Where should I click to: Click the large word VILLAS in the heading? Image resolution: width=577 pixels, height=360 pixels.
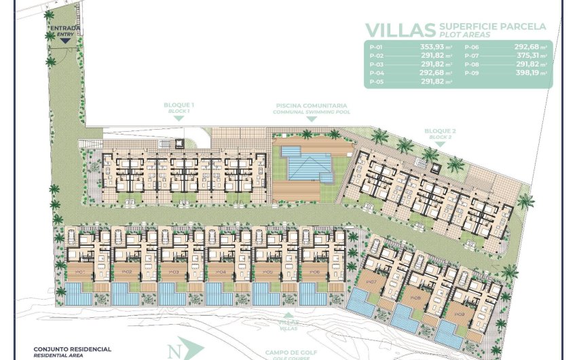click(x=400, y=30)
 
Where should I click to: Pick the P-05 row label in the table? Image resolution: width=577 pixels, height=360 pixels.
click(x=376, y=81)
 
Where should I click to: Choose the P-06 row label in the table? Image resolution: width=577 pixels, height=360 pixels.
click(x=471, y=48)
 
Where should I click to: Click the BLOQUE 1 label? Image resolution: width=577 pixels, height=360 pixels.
click(x=179, y=105)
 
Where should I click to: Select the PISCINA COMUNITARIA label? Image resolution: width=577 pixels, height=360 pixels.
click(x=312, y=106)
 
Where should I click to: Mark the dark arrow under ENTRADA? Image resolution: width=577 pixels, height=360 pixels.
click(x=65, y=40)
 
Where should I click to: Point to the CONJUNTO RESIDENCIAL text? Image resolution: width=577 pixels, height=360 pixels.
click(x=73, y=348)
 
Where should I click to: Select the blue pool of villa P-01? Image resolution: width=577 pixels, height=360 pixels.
click(x=78, y=295)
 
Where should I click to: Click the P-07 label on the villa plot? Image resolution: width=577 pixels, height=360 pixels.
click(x=371, y=282)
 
